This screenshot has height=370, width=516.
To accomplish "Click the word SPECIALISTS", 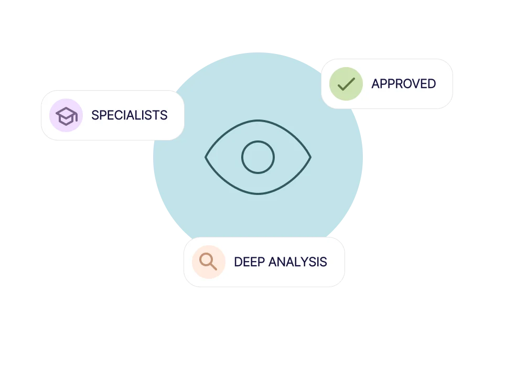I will (129, 115).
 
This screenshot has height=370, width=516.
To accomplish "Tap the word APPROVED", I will (403, 84).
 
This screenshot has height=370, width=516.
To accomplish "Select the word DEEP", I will (249, 262).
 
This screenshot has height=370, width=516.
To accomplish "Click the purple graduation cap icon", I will (66, 115).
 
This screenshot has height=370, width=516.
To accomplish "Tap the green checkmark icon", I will (346, 84).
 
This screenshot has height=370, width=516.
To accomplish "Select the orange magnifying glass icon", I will (208, 262).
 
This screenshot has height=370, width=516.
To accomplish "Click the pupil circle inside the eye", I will (258, 157).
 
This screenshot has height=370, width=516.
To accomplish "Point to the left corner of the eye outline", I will (206, 157).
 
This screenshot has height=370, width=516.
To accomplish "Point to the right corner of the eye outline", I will (310, 157).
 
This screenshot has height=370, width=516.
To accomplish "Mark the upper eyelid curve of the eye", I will (258, 121).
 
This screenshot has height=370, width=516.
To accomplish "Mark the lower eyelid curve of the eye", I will (258, 193).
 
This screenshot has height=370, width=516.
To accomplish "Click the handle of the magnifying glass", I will (213, 266).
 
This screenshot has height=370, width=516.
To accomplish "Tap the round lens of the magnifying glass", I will (206, 259).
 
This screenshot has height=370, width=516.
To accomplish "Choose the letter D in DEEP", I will (238, 262).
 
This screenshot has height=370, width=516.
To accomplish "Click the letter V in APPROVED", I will (414, 84).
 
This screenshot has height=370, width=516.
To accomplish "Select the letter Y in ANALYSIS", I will (306, 262).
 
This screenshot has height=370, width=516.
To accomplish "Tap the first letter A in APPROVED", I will (375, 84).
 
